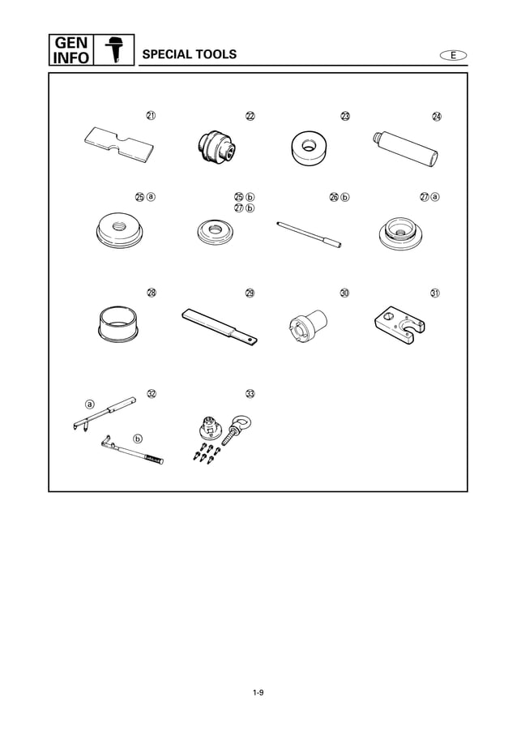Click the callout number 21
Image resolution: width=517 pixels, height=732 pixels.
tap(151, 115)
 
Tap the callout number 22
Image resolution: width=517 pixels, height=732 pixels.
tap(250, 116)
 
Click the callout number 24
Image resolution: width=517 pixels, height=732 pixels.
tap(437, 116)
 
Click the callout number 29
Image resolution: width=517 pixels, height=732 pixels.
tap(250, 293)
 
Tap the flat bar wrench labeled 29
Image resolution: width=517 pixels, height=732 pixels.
tap(220, 326)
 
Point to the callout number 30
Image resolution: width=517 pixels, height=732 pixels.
tap(344, 293)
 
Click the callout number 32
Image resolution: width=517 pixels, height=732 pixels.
tap(151, 394)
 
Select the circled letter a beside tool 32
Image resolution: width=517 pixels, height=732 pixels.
tap(90, 403)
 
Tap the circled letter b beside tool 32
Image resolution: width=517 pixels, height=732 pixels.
tap(138, 439)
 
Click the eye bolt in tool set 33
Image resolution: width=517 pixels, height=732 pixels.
tap(239, 426)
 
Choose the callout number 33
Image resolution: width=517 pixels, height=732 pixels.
tap(250, 394)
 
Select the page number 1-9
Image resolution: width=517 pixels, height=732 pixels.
tap(258, 691)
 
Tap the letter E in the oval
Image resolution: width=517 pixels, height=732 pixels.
tap(454, 54)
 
